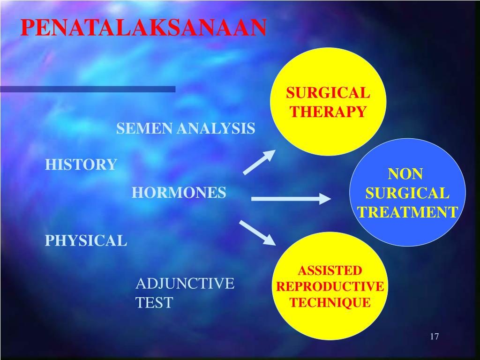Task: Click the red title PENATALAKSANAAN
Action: (143, 28)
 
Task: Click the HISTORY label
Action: (81, 165)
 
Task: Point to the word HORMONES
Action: (179, 193)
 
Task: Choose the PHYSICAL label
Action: (86, 240)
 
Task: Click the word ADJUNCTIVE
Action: (185, 284)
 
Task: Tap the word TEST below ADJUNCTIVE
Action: (154, 303)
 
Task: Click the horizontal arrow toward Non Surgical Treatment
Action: (291, 199)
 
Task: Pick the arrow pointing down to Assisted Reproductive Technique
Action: (257, 232)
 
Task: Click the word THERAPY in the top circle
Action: (328, 112)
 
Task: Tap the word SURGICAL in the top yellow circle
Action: (328, 93)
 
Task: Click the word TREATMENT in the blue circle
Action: (407, 212)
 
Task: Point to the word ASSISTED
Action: (330, 270)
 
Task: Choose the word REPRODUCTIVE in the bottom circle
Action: (330, 286)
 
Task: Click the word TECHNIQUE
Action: (330, 302)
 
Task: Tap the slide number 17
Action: (434, 337)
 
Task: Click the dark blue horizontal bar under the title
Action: (87, 89)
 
